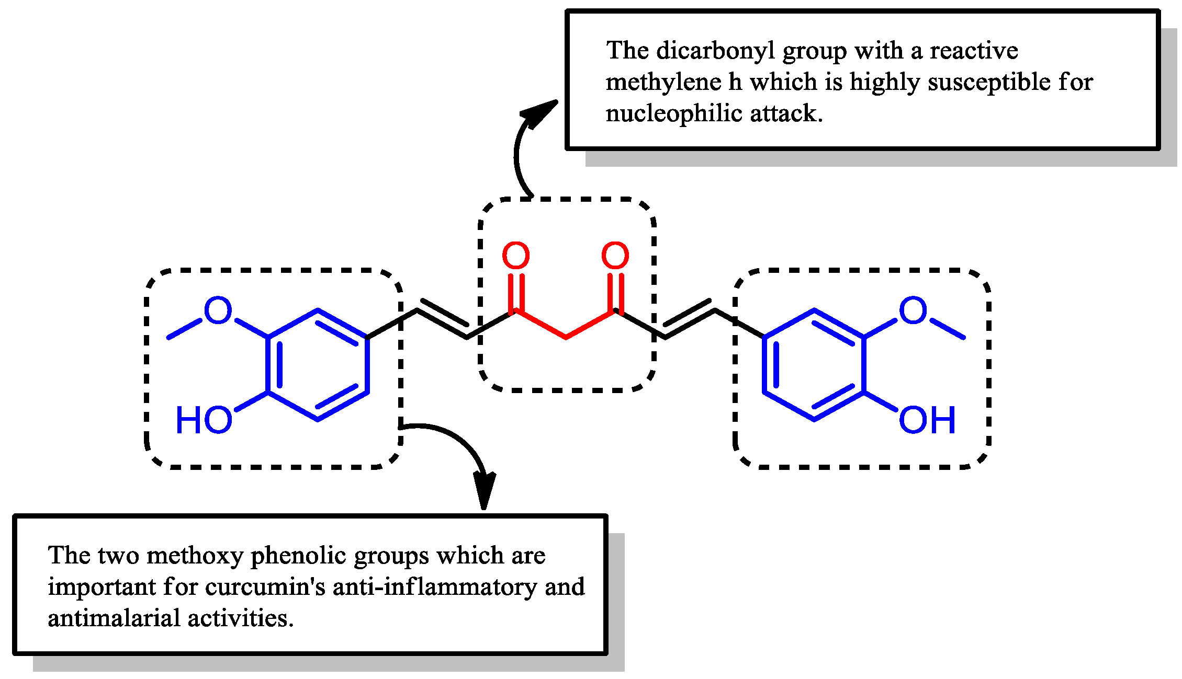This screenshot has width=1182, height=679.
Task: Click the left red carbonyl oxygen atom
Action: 515,256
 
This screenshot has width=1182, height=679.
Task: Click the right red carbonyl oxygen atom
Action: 615,256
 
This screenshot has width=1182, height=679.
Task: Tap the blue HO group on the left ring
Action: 204,420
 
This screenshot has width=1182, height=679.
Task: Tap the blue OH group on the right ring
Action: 927,420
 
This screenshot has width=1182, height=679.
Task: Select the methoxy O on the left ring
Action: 218,310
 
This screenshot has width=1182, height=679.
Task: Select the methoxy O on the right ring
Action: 913,310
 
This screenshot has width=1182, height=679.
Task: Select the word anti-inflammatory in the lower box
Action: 435,587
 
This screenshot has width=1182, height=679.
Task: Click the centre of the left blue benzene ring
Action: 318,365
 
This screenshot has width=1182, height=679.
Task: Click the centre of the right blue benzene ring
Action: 814,365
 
